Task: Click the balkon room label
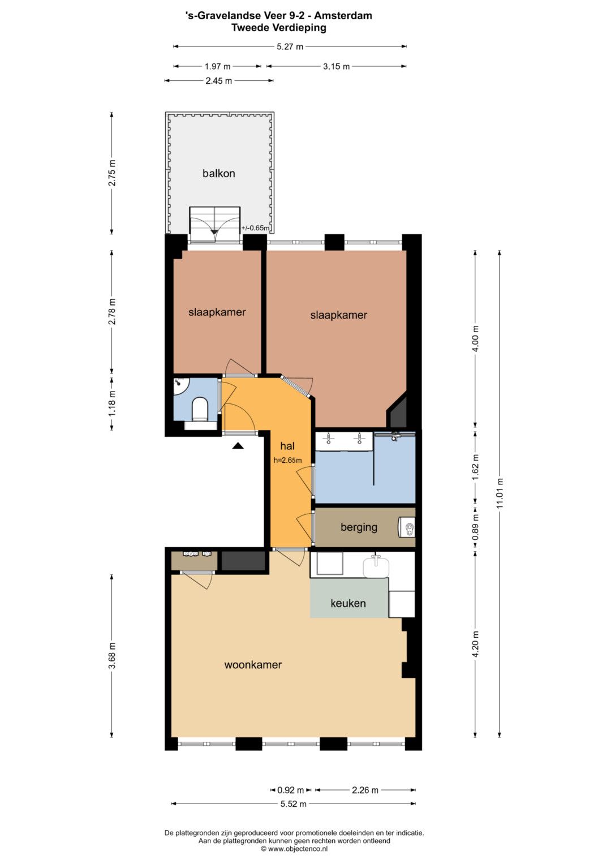pos(219,174)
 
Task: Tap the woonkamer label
pos(253,664)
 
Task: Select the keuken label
pos(348,603)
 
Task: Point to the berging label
pos(359,527)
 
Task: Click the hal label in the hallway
pos(287,446)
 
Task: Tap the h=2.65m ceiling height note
pos(287,460)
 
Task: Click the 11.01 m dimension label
pos(500,493)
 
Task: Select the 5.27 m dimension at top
pos(290,46)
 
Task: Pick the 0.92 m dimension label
pos(290,790)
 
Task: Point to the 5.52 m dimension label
pos(293,804)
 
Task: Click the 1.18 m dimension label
pos(112,403)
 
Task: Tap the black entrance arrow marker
pos(238,446)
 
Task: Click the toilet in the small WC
pos(200,409)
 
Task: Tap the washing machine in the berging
pos(407,527)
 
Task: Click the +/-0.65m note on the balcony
pos(255,227)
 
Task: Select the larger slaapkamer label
pos(339,315)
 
